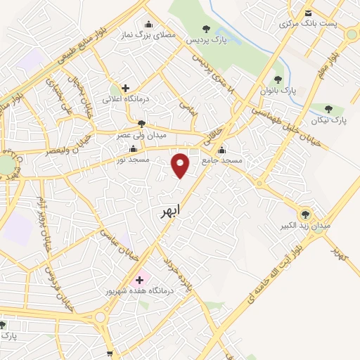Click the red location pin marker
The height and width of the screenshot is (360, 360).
tap(181, 165)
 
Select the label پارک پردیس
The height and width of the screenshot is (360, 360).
tap(206, 41)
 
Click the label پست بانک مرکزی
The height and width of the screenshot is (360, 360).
tap(308, 24)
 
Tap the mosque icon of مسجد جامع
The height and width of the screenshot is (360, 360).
tap(222, 149)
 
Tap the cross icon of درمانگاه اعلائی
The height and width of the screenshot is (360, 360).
tap(125, 89)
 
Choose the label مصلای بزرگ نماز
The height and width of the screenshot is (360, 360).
tap(147, 34)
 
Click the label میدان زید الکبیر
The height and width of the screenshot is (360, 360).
tap(304, 227)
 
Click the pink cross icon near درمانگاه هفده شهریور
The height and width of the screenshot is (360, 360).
tap(139, 279)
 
